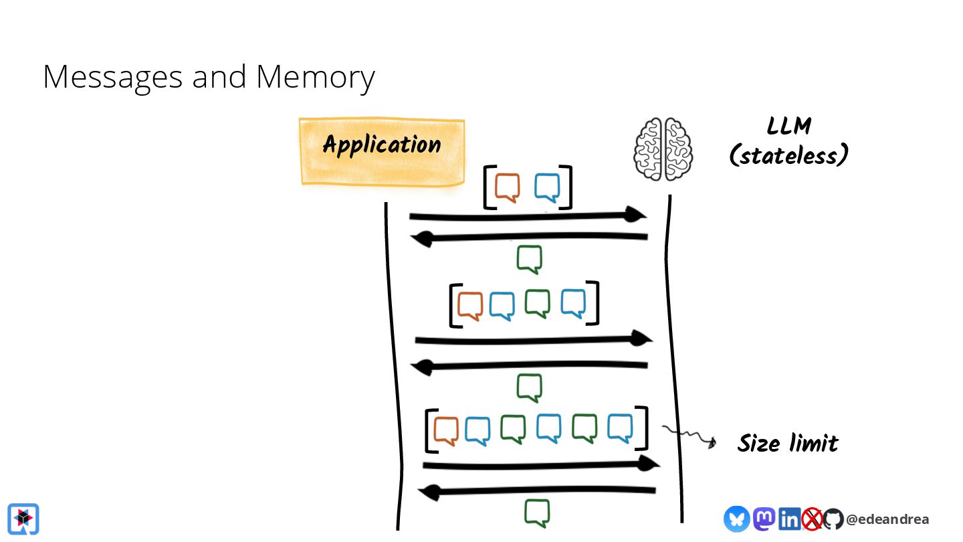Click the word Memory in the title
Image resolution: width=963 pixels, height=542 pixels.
pos(315,77)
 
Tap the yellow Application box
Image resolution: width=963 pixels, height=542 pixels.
pos(382,151)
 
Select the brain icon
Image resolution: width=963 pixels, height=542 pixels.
pos(663,149)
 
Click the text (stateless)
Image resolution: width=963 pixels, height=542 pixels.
pos(789,156)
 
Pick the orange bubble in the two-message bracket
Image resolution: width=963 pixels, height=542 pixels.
pos(508,188)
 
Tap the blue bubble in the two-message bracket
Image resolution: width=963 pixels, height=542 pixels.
pos(547,188)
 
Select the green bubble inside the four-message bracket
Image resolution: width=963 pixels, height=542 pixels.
pos(537,303)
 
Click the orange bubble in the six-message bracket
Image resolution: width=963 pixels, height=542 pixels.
pos(446,430)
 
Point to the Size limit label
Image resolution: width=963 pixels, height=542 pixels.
pos(788,443)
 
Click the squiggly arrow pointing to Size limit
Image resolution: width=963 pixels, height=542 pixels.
pos(689,436)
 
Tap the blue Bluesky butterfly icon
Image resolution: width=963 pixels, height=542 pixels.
pos(736,519)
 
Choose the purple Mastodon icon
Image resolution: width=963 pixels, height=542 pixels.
pos(764,519)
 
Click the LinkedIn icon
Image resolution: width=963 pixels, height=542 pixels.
pos(789,519)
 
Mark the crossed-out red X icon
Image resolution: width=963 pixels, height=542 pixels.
pos(812,519)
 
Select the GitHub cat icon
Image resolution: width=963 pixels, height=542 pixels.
pos(833,519)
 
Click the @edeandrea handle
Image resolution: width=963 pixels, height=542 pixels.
pos(887,519)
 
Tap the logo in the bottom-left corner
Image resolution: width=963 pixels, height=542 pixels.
pos(23,519)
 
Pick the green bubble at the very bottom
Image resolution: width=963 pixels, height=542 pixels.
pos(537,513)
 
